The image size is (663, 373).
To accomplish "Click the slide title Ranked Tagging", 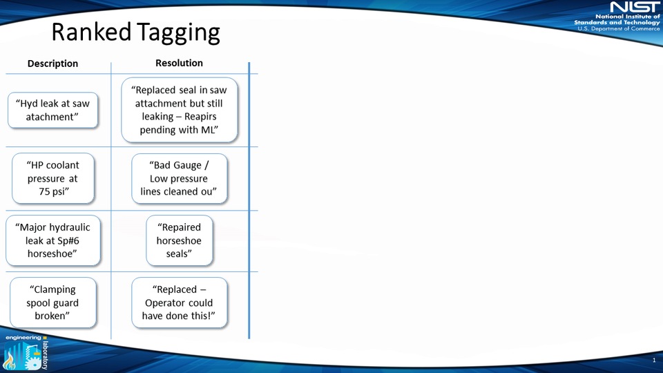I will click(136, 32).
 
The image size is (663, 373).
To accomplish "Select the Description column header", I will click(52, 64).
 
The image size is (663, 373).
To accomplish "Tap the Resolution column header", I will click(179, 63).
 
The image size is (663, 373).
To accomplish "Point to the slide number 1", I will click(653, 361).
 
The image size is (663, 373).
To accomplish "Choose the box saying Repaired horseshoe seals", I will click(179, 240).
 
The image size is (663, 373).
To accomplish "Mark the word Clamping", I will click(52, 289).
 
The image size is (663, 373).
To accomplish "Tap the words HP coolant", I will click(53, 165).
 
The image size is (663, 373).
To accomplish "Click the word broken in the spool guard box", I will click(52, 316).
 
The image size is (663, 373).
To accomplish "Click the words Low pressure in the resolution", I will click(179, 178).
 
